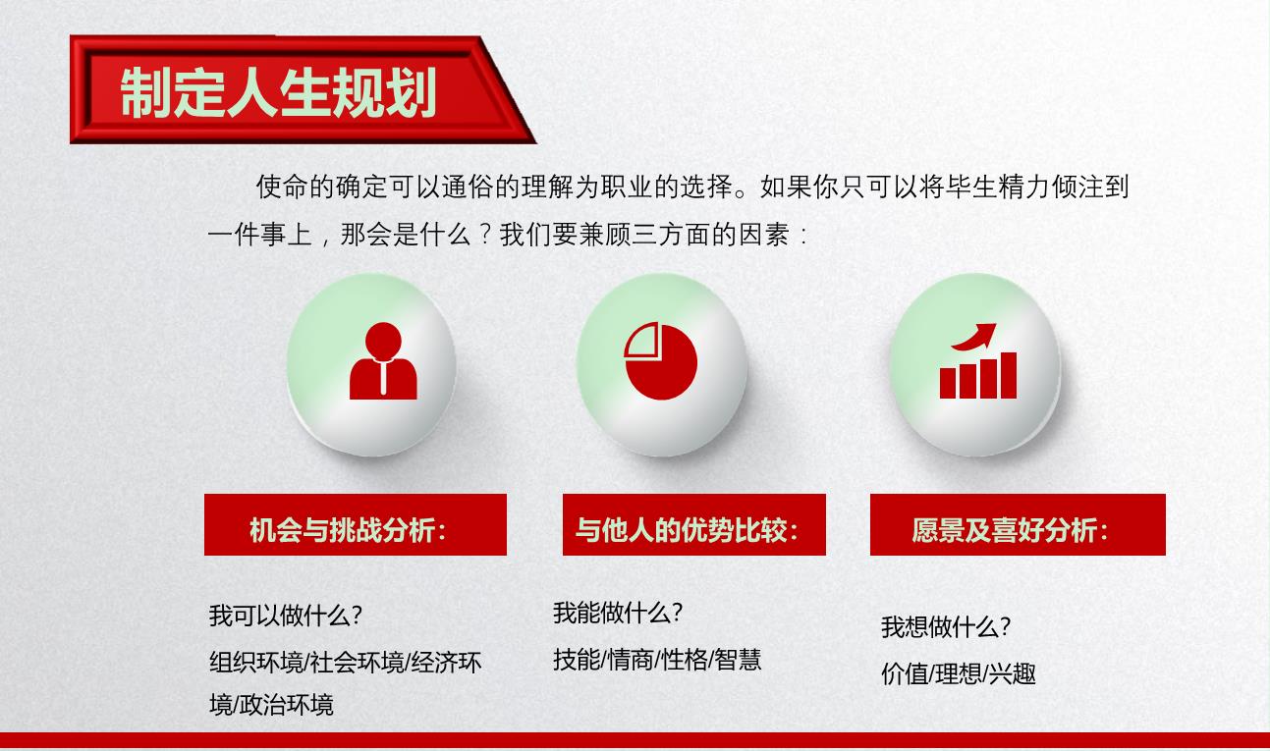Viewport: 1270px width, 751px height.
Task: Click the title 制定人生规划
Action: pos(278,92)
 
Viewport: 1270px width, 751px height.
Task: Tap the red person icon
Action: pos(383,361)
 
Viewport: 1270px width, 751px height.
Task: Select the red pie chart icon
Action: pos(660,361)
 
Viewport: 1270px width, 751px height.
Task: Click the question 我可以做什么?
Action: pos(286,616)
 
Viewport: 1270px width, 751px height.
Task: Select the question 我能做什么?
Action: pos(618,613)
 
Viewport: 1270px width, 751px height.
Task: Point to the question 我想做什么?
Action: pos(946,627)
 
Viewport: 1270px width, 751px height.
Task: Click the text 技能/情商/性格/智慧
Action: pos(657,660)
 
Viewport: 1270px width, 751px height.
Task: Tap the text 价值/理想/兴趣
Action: pos(959,674)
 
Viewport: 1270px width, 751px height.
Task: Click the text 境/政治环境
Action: pos(271,705)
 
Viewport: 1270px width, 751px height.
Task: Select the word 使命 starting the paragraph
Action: pos(282,187)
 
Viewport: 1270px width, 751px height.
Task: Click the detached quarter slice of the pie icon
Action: pos(640,340)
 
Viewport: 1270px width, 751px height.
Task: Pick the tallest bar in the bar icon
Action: pos(1009,375)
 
